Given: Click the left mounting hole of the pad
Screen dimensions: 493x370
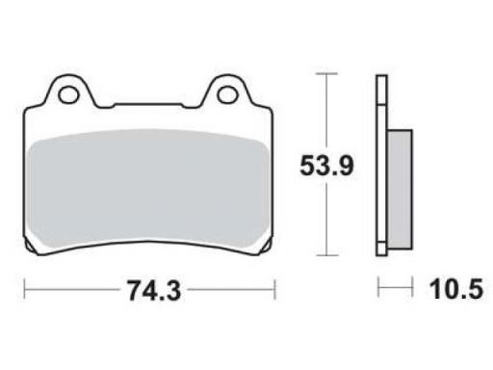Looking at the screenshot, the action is [68, 94].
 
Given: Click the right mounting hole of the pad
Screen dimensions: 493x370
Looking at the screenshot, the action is [227, 94].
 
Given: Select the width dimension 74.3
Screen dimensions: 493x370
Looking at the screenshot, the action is [154, 290].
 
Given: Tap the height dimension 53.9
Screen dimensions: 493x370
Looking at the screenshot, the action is [326, 166].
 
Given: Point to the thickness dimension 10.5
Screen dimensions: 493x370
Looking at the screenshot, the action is [455, 289].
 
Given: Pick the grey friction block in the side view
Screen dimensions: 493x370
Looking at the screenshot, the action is [400, 190].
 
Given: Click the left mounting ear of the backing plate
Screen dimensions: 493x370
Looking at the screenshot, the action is [68, 92].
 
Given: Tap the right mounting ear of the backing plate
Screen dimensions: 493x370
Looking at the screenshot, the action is [227, 92].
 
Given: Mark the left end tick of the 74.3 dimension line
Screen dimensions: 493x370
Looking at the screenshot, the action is [24, 289].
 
